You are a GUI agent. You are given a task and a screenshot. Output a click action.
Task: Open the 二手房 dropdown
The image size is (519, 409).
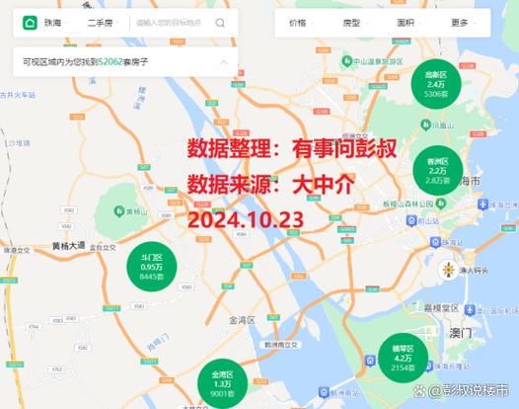click(103, 21)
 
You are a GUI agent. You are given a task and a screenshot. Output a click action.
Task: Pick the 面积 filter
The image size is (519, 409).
click(408, 21)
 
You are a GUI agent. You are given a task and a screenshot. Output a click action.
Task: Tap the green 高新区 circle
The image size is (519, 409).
click(435, 85)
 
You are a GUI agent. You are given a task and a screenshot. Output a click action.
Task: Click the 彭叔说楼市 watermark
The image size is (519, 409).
click(472, 391)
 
